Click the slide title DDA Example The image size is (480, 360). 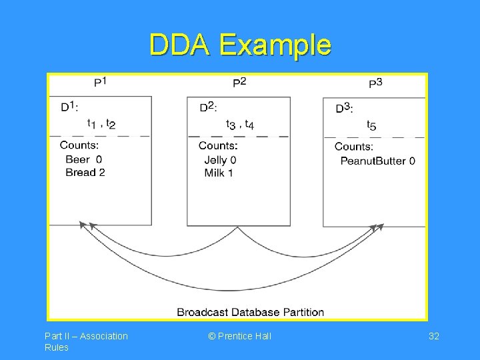(x=240, y=45)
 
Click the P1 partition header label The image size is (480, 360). (x=100, y=82)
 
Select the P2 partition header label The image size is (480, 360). (x=239, y=82)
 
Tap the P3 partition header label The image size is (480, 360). (x=376, y=83)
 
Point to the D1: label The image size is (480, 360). (x=69, y=107)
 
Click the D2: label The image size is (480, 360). (x=208, y=107)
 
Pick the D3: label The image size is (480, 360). (x=344, y=107)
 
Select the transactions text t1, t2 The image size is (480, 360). (x=101, y=123)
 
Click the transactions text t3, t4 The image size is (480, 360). (x=240, y=124)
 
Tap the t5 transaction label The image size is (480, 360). (x=371, y=125)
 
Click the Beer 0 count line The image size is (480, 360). (x=84, y=159)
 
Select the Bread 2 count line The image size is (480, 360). (x=85, y=172)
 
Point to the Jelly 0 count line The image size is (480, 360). (x=220, y=160)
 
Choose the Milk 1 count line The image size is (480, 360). (x=219, y=173)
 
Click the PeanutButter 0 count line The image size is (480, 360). (x=377, y=161)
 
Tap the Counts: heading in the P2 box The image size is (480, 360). (x=217, y=145)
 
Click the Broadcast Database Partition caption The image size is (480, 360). (x=251, y=312)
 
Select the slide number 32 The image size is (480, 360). (x=433, y=336)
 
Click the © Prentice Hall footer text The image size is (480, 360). (x=239, y=336)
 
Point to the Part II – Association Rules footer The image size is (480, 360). (x=86, y=341)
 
